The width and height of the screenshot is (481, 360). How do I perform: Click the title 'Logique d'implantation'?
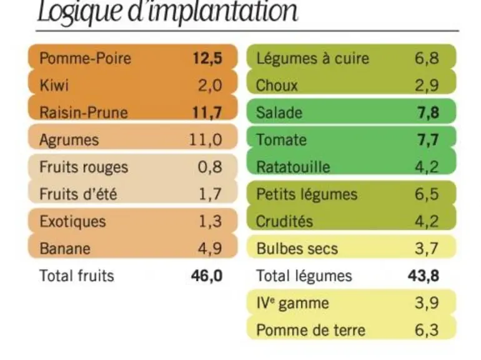[167, 12]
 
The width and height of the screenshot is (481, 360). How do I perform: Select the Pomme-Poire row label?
[86, 58]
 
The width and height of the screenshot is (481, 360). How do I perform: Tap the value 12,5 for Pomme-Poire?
[207, 59]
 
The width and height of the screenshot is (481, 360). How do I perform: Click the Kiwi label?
[54, 86]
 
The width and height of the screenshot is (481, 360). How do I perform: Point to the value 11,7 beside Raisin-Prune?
[207, 112]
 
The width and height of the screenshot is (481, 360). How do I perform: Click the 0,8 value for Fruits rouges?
[210, 167]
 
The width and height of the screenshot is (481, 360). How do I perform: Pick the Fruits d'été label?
[78, 194]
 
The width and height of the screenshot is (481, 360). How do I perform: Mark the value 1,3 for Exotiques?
[211, 221]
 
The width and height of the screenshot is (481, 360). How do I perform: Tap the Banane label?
[65, 249]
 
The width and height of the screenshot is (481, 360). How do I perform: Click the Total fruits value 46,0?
[207, 276]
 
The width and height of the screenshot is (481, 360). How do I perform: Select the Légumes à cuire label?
[312, 58]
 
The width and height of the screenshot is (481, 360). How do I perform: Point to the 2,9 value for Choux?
[427, 86]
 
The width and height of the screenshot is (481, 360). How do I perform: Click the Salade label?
[279, 112]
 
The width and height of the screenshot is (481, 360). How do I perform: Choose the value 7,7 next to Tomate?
[428, 140]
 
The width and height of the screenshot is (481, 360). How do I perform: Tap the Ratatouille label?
[293, 167]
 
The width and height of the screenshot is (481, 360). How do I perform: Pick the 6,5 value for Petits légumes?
[427, 194]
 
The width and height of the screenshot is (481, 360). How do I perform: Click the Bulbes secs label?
[297, 249]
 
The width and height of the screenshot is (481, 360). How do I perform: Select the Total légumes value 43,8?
[424, 276]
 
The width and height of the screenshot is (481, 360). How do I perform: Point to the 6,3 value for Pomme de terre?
[427, 330]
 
